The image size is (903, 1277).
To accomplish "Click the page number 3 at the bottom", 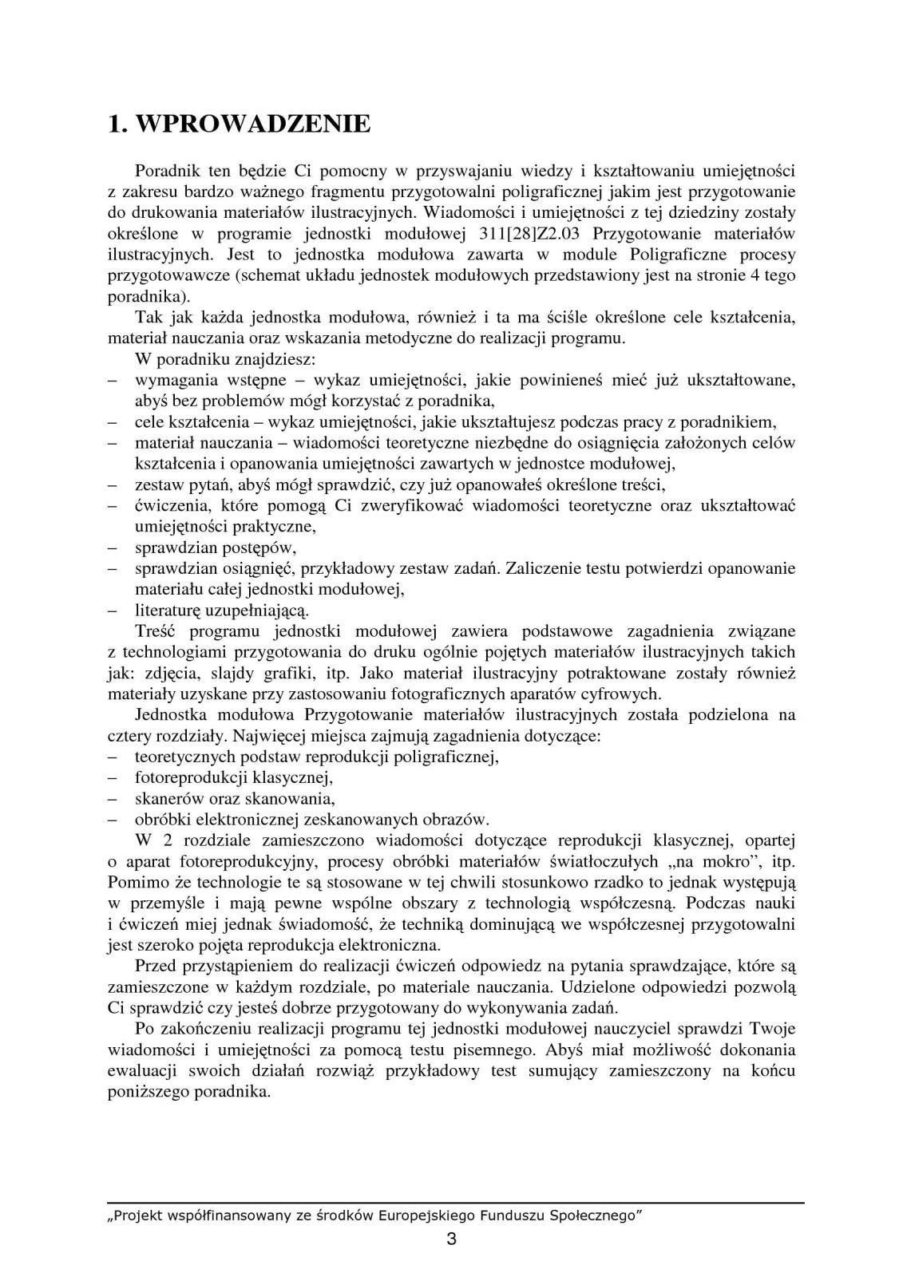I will pyautogui.click(x=451, y=1239).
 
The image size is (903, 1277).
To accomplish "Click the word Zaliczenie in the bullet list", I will pyautogui.click(x=542, y=568).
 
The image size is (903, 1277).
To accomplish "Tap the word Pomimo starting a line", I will pyautogui.click(x=133, y=882).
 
